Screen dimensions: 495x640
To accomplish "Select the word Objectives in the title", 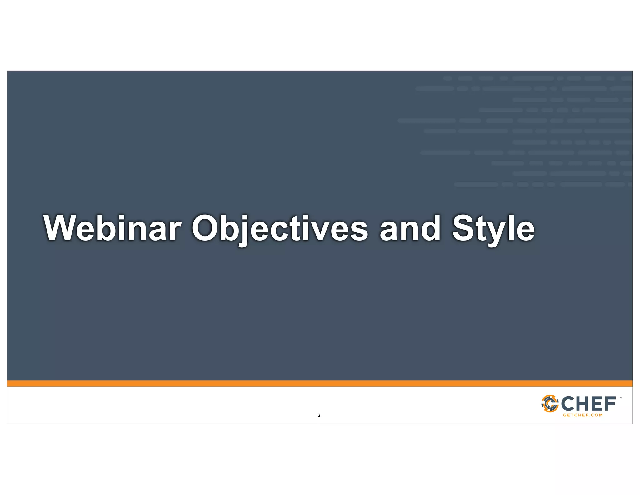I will coord(280,228).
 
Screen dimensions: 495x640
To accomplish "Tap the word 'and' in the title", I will coord(410,228).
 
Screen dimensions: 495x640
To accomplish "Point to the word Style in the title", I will coord(493,228).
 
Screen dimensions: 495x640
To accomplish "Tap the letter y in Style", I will coord(495,233).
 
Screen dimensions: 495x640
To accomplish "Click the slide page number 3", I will coord(319,416).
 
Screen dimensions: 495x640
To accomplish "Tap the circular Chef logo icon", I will coord(550,404).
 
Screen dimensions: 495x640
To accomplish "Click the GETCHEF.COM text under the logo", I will coord(583,415).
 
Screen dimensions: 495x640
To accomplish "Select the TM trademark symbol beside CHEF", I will coord(620,398).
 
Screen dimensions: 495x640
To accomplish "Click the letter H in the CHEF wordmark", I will coord(584,404).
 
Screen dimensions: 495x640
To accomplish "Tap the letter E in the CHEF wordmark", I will coord(598,404).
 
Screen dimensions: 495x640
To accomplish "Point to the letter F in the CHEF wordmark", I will coord(610,404).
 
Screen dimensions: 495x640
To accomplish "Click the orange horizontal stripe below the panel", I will coord(320,383).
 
